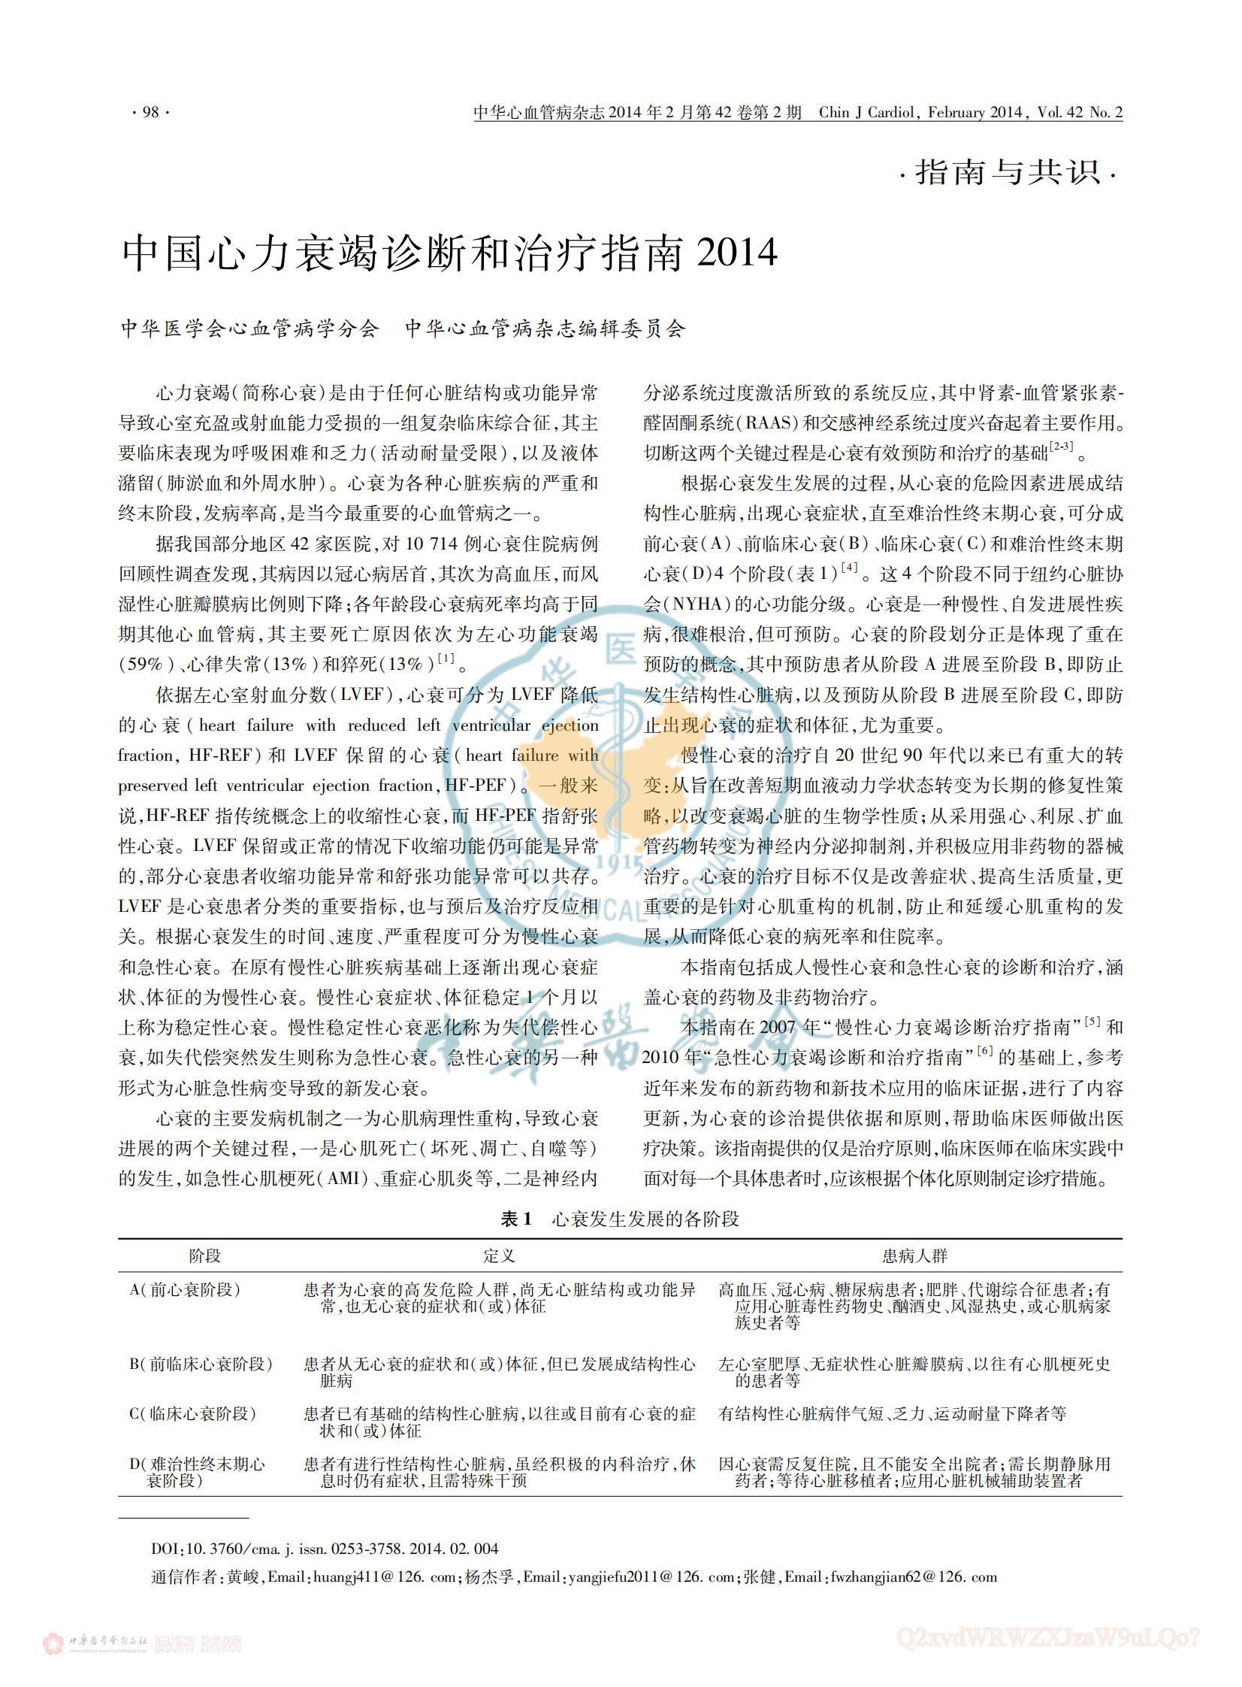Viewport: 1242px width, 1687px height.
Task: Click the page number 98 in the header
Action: pyautogui.click(x=150, y=113)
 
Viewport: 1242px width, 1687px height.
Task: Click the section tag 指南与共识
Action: pyautogui.click(x=1008, y=173)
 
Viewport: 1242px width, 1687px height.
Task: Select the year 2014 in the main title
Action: pyautogui.click(x=737, y=253)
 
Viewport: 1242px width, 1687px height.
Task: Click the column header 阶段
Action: pyautogui.click(x=204, y=1255)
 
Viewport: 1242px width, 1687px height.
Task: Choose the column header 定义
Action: pyautogui.click(x=498, y=1255)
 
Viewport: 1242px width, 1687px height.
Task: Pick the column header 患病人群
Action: pyautogui.click(x=914, y=1255)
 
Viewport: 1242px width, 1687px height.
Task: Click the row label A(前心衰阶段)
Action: pyautogui.click(x=185, y=1290)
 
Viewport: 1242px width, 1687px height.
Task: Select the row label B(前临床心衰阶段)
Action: pyautogui.click(x=201, y=1364)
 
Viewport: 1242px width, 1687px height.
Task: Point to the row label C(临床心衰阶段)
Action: pyautogui.click(x=192, y=1414)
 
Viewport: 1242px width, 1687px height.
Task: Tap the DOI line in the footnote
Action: pyautogui.click(x=325, y=1549)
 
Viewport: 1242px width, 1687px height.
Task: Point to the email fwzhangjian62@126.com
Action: pyautogui.click(x=914, y=1576)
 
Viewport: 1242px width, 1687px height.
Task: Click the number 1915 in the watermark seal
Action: pyautogui.click(x=621, y=863)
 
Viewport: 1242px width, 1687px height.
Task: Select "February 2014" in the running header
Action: pyautogui.click(x=975, y=113)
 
